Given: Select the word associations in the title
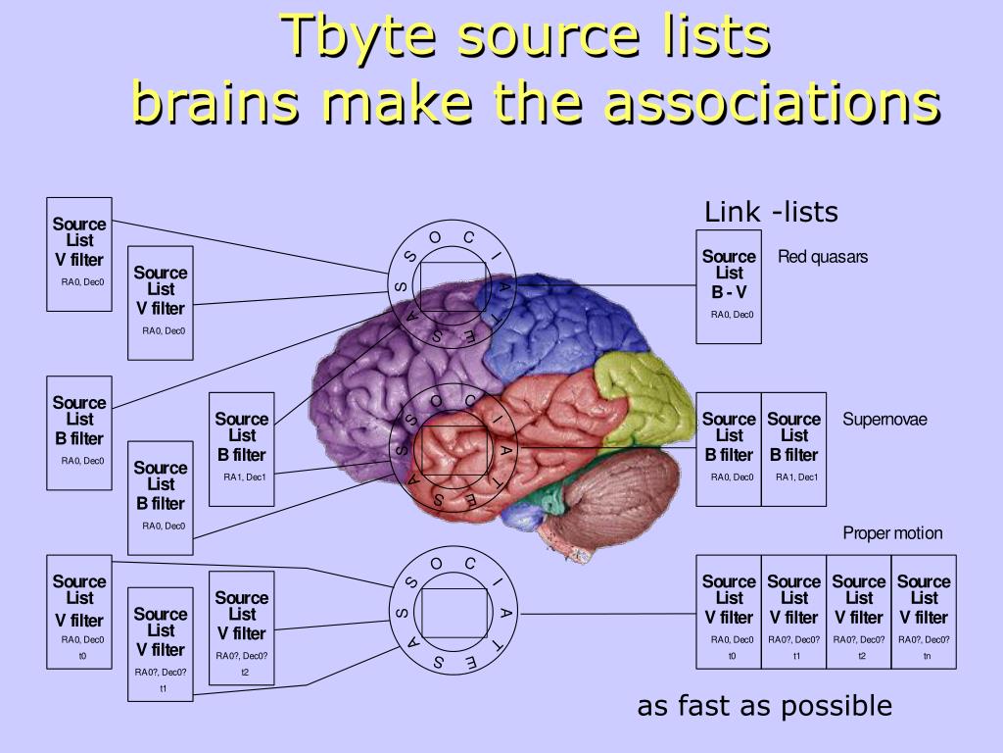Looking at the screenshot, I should tap(773, 102).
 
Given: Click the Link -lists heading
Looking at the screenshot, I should tap(771, 212).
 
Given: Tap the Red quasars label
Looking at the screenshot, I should tap(823, 257).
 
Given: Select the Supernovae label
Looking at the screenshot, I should tap(884, 420).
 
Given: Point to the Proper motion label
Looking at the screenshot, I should tap(892, 533).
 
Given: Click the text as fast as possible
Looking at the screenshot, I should tap(764, 706).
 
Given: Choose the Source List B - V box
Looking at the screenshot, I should tap(729, 286).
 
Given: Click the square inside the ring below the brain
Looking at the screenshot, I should tap(454, 612).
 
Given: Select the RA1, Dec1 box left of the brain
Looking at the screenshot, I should tap(242, 449).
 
